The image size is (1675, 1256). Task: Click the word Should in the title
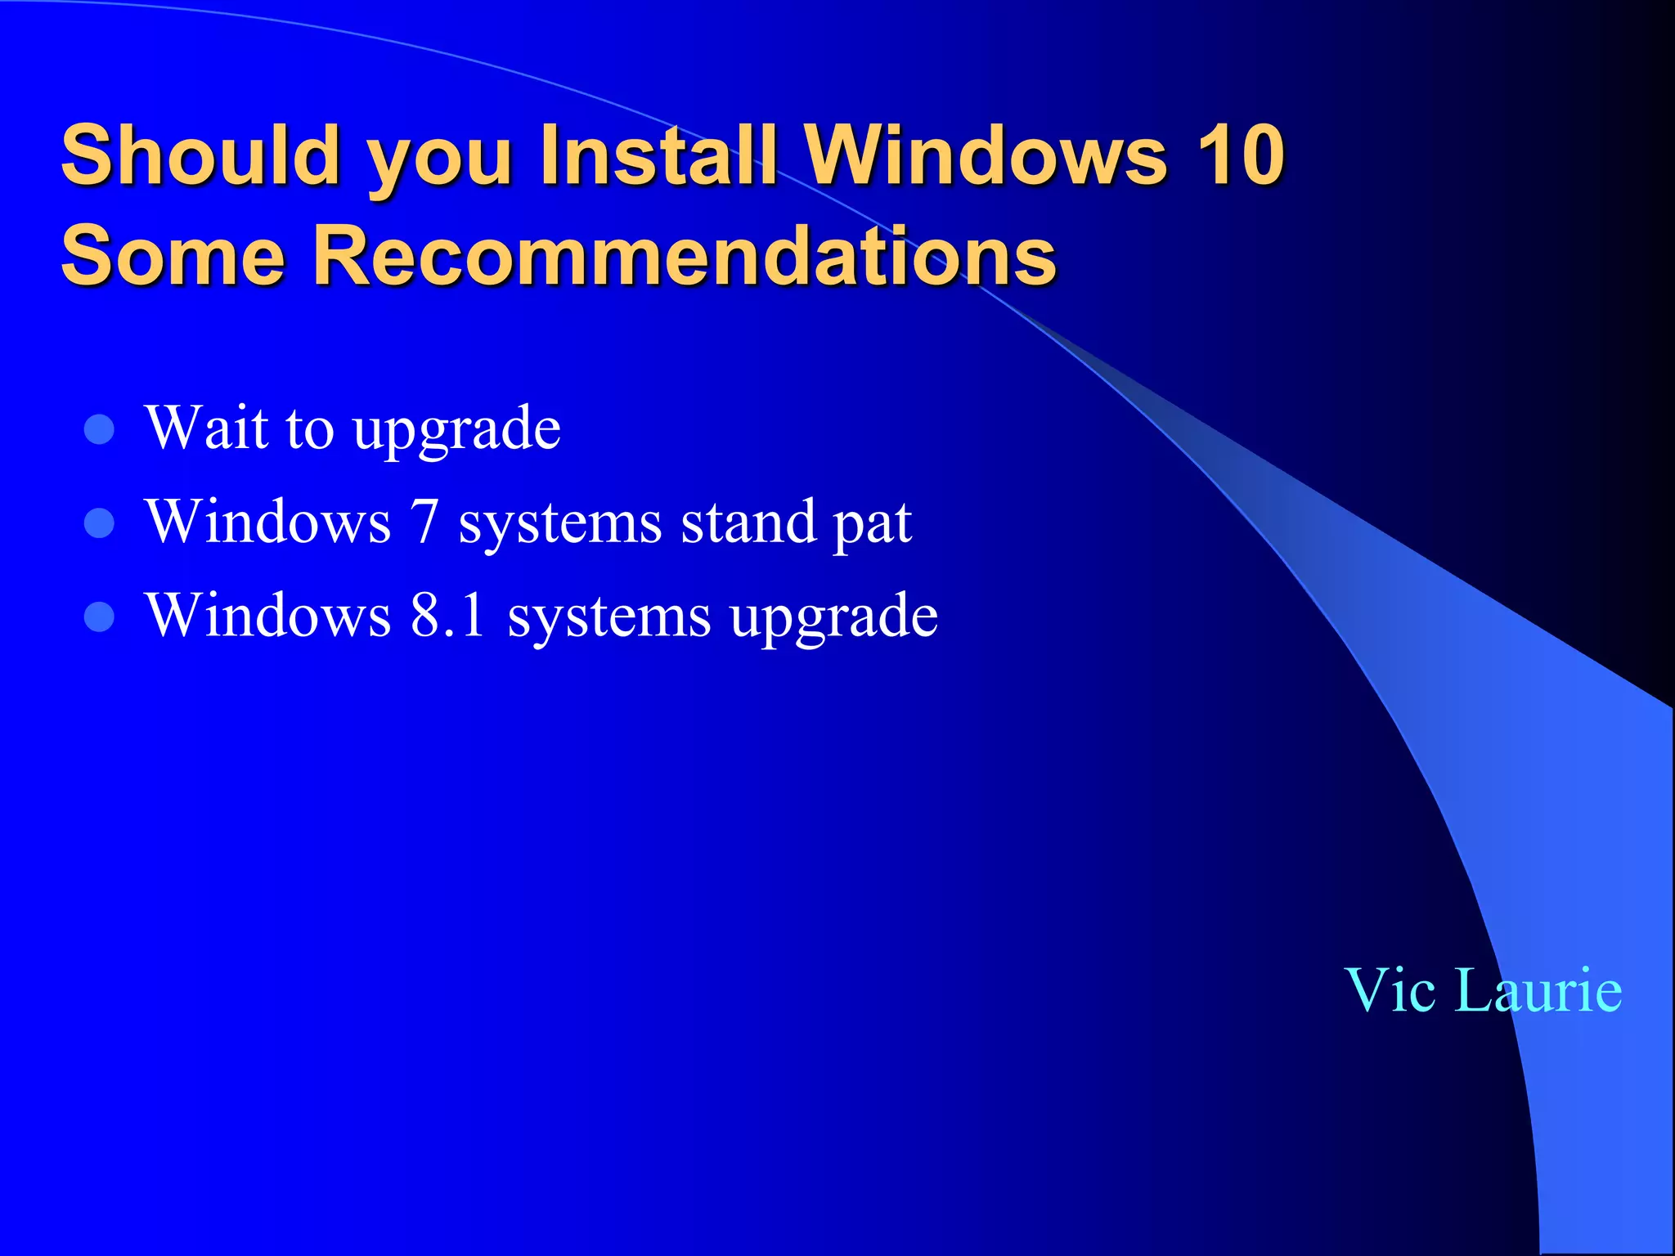click(x=200, y=155)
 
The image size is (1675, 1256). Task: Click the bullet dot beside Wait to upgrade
click(x=100, y=429)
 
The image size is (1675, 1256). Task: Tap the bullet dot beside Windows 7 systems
click(x=100, y=523)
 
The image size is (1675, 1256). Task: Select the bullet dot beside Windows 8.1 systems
click(x=100, y=617)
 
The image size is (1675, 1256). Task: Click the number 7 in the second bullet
click(x=425, y=523)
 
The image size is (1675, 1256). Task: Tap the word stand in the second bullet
click(x=748, y=523)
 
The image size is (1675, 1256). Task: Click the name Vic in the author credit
click(x=1390, y=990)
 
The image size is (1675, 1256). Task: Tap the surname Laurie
click(x=1538, y=990)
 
